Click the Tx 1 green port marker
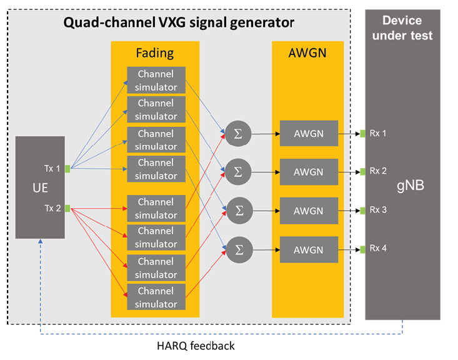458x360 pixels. (67, 168)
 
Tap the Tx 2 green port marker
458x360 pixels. (67, 207)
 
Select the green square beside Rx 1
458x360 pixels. (362, 132)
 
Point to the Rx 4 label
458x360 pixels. (378, 248)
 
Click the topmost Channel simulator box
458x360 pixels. (156, 80)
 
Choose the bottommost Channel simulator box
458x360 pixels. (156, 298)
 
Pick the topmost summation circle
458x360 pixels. (237, 132)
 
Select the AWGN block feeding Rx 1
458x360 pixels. (309, 132)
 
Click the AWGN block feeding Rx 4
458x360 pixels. (309, 249)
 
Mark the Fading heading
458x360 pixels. (155, 52)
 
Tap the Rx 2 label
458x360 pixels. (378, 171)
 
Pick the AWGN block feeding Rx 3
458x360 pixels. (309, 211)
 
